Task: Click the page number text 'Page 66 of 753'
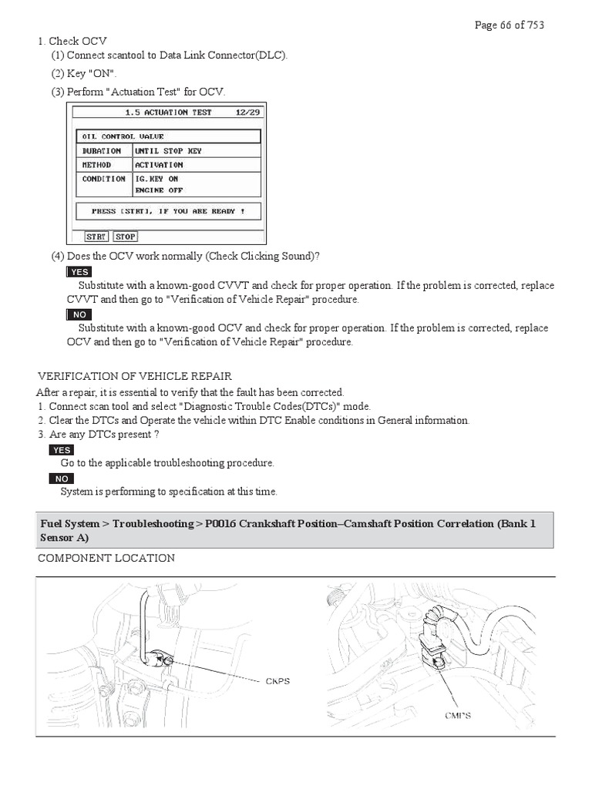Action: (510, 25)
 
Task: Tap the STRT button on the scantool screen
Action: (96, 237)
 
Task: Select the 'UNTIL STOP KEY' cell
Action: (168, 151)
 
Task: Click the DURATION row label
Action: (102, 151)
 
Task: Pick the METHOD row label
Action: (97, 165)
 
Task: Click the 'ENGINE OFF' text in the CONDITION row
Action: (159, 190)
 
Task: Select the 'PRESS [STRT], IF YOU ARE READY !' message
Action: (168, 211)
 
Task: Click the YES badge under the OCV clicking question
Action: (79, 272)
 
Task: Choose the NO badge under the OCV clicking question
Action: (79, 314)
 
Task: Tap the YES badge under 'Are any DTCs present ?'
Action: (61, 450)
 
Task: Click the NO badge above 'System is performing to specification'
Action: (62, 478)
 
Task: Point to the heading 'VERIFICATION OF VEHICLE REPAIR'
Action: (135, 376)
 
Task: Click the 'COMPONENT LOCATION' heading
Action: (106, 558)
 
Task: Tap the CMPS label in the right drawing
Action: (457, 716)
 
